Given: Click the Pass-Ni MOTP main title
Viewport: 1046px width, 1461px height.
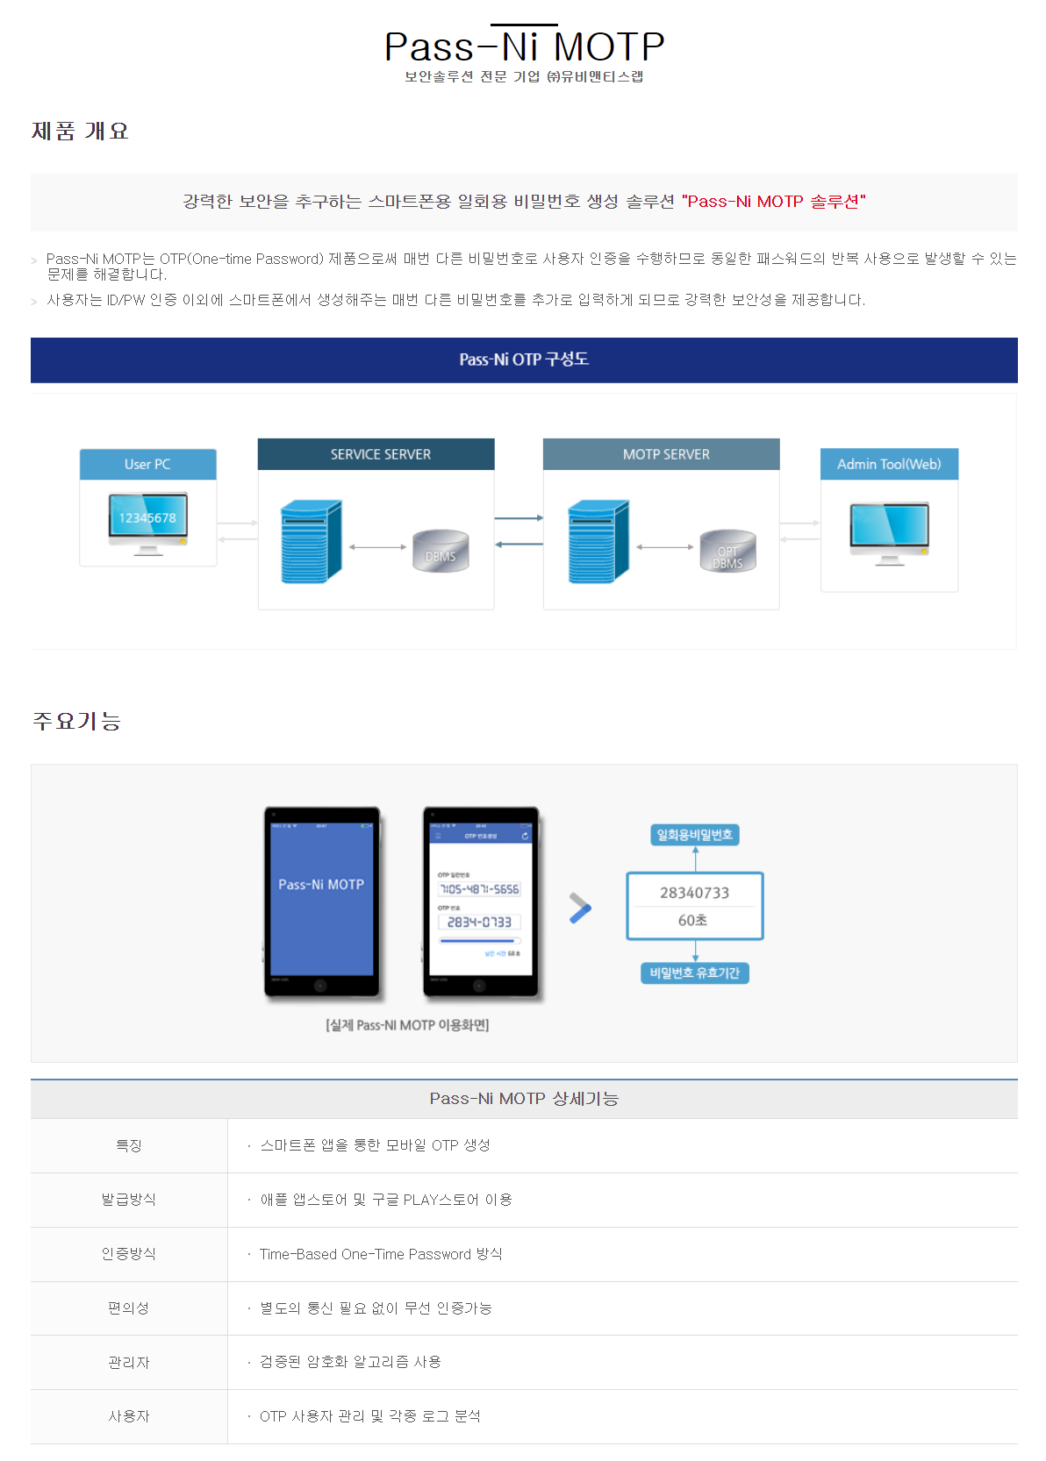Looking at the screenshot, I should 524,46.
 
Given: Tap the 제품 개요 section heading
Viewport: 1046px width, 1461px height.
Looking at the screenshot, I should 80,132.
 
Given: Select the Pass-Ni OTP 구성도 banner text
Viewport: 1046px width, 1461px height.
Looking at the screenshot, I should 524,360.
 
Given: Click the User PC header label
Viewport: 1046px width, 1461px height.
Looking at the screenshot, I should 147,465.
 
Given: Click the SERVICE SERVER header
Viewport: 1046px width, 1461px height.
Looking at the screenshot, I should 380,454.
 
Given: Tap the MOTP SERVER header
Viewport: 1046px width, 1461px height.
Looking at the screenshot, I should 666,454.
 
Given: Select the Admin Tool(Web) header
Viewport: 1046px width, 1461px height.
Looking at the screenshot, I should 889,465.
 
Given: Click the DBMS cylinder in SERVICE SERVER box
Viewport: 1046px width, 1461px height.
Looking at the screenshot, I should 441,551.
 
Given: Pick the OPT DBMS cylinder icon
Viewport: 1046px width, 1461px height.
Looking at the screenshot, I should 727,552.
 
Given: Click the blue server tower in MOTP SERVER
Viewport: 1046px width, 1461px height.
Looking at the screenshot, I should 598,542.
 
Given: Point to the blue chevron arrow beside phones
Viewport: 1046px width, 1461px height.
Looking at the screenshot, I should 580,908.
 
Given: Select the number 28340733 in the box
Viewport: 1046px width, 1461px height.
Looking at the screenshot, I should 694,893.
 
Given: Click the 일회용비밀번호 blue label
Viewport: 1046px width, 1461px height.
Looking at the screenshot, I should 695,835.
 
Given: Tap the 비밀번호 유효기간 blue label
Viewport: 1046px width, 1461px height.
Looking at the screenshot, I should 695,973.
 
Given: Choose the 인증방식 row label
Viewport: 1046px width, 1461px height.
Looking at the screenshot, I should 129,1254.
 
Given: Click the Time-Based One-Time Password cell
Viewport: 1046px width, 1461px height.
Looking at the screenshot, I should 381,1254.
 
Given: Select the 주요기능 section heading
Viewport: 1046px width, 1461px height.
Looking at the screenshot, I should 76,721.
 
